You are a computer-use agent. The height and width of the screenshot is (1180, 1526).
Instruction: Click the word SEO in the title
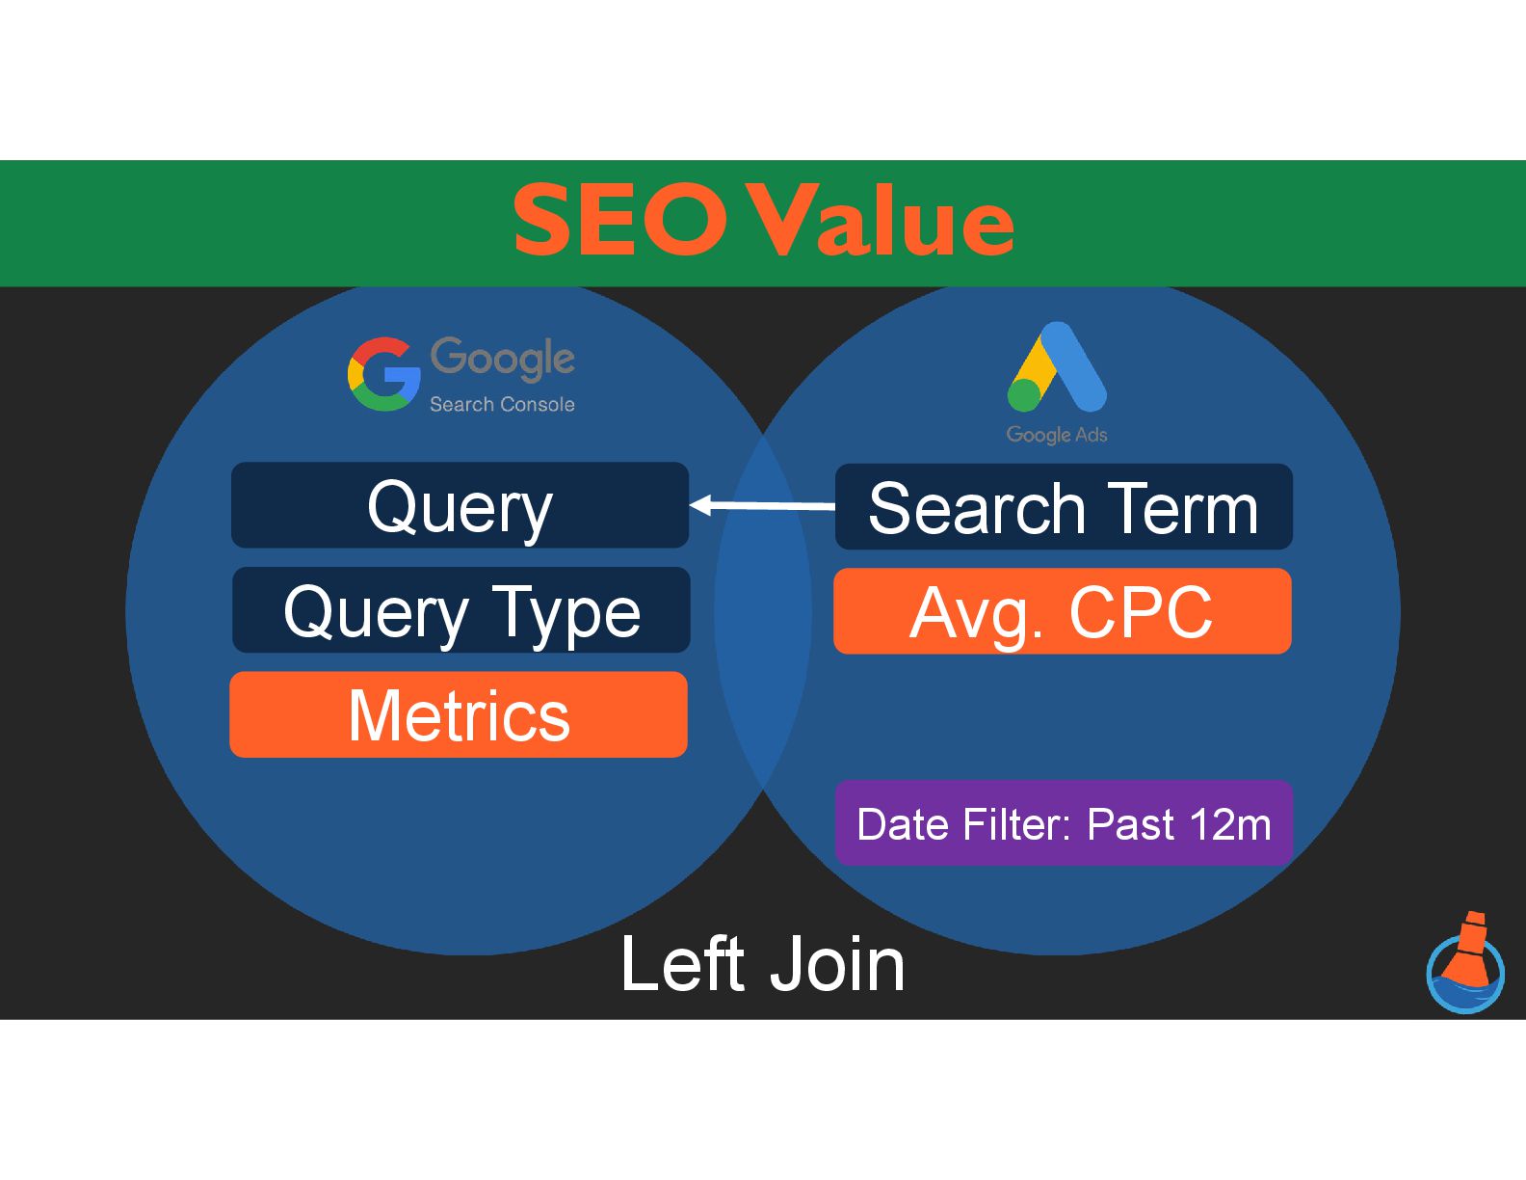coord(619,222)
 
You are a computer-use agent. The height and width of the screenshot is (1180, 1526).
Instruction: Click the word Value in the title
coord(881,222)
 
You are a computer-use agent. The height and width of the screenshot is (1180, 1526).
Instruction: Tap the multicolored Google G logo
coord(383,374)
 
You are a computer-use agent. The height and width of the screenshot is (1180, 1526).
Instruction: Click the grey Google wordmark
coord(502,359)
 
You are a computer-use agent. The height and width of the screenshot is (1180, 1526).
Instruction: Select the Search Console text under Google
coord(502,405)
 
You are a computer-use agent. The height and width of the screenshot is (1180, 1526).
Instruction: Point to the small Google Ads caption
coord(1057,435)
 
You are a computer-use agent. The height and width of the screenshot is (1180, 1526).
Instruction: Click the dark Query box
coord(460,506)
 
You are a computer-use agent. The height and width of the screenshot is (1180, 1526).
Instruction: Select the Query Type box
coord(460,610)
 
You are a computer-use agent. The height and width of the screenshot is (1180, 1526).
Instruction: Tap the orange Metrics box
coord(459,714)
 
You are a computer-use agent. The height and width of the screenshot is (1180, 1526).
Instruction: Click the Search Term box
coord(1064,507)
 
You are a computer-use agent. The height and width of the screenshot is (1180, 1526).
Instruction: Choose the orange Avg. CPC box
coord(1062,611)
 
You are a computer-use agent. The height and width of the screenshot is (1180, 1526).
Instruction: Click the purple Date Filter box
coord(1064,823)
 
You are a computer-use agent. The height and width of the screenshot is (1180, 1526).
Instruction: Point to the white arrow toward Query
coord(762,505)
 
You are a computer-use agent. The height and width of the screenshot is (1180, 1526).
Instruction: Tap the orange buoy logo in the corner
coord(1465,964)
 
